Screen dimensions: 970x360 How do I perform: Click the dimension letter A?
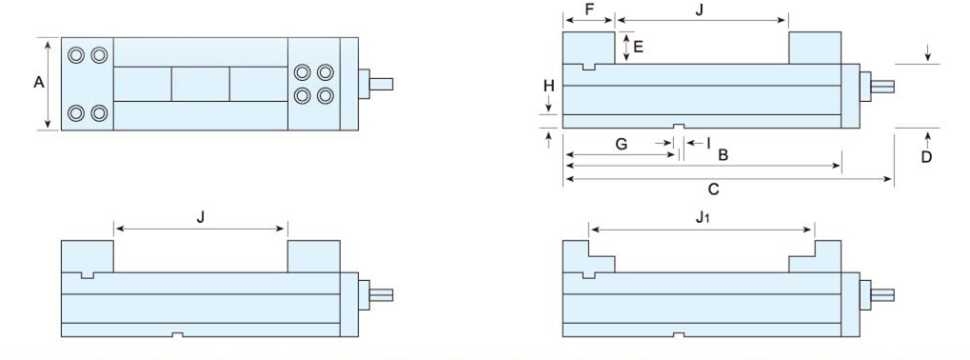(39, 82)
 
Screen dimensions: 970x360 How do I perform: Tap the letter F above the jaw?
(588, 10)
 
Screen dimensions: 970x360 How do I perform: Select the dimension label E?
(639, 47)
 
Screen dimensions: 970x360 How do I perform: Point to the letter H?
(549, 86)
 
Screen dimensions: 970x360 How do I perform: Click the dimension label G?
(622, 144)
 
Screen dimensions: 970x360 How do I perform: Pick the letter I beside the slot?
(708, 144)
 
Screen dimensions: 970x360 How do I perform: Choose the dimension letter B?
(723, 154)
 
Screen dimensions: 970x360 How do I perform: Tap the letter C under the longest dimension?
(713, 190)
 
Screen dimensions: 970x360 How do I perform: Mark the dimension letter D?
(926, 157)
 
